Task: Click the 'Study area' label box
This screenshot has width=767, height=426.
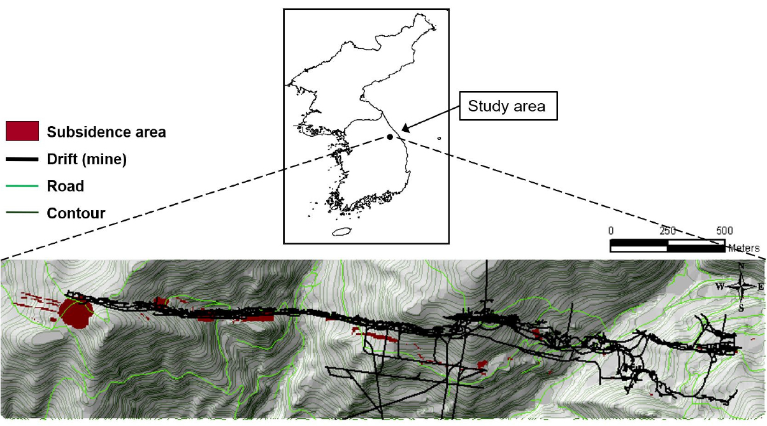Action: [x=508, y=106]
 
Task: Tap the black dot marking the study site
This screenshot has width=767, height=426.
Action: [x=390, y=137]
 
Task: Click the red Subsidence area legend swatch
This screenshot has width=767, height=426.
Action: [x=22, y=131]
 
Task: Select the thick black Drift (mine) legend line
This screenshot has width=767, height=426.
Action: [x=22, y=159]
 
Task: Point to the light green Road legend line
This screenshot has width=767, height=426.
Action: [x=22, y=186]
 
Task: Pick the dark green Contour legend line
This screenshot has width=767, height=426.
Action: [x=22, y=213]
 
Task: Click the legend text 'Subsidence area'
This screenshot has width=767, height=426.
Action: [x=106, y=132]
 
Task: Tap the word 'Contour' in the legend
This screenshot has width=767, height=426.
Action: [x=76, y=213]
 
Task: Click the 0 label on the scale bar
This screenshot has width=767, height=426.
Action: [x=611, y=231]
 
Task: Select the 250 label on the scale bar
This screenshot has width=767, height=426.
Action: [x=668, y=231]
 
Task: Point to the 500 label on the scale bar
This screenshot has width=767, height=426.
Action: [x=724, y=231]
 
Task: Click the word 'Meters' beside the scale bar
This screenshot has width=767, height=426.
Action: [x=743, y=248]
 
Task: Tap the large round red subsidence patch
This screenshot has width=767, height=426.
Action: [x=76, y=313]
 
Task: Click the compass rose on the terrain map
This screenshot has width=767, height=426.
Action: [x=741, y=287]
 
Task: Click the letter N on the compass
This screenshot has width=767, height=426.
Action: [x=741, y=266]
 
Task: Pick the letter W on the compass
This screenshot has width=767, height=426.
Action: [x=720, y=287]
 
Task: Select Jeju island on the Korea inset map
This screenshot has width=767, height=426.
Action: [x=341, y=232]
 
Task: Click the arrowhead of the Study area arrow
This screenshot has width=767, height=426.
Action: [x=405, y=129]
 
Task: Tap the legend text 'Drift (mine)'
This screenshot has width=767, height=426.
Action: [x=87, y=159]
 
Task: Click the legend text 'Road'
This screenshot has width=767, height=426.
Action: [x=66, y=186]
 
